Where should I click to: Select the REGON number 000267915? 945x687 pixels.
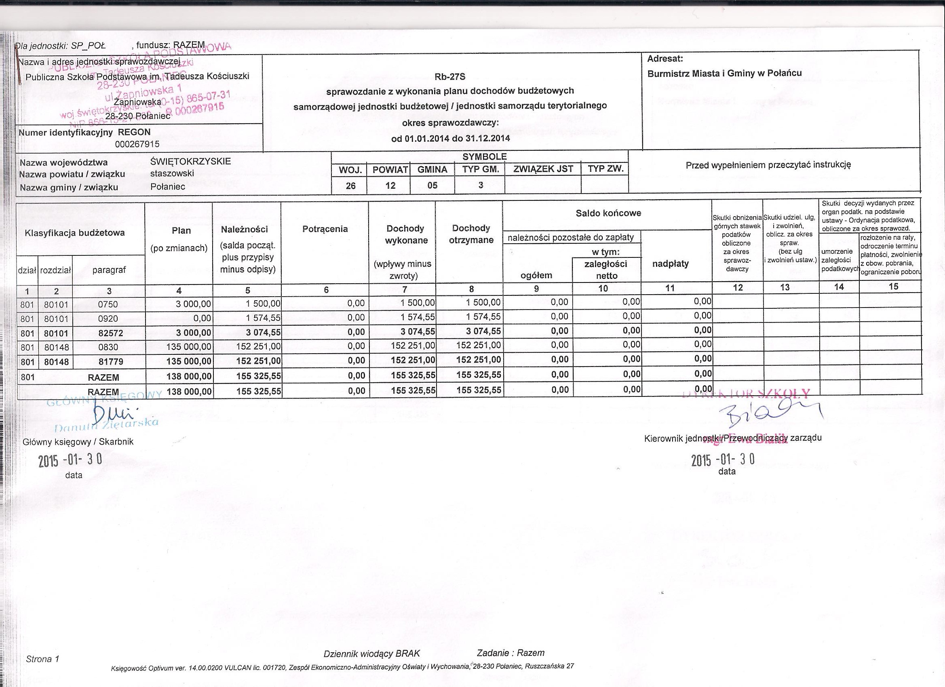pos(137,144)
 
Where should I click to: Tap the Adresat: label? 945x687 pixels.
pos(665,59)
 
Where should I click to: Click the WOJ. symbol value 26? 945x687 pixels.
pos(350,186)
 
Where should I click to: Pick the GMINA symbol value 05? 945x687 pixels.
pos(432,185)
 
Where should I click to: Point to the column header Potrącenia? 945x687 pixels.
pos(325,229)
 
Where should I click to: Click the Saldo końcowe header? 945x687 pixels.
pos(608,213)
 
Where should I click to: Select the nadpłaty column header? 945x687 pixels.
pos(670,263)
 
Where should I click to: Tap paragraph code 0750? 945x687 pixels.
pos(108,305)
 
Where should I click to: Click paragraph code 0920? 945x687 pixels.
pos(108,319)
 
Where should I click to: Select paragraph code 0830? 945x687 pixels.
pos(108,347)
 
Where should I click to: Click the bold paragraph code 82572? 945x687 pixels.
pos(108,333)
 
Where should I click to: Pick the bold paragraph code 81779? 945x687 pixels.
pos(108,361)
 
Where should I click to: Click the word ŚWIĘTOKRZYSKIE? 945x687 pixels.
pos(190,161)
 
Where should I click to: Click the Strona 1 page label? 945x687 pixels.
pos(42,659)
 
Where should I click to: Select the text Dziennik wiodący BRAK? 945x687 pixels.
pos(372,653)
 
